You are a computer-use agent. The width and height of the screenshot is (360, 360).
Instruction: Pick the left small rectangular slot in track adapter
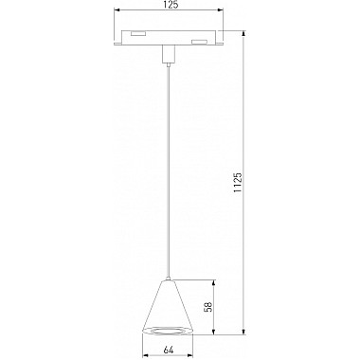pos(139,34)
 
